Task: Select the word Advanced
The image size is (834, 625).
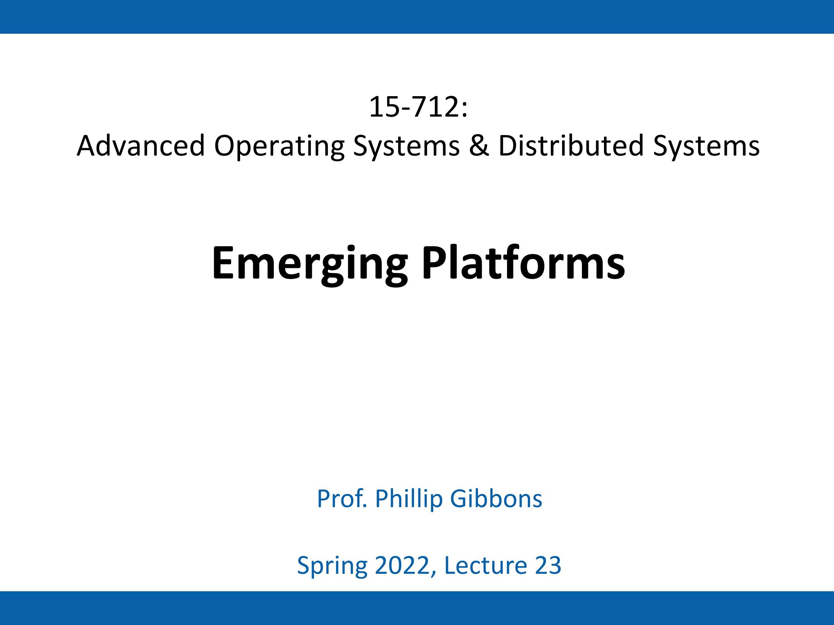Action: point(141,146)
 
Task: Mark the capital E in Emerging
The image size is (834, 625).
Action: point(224,263)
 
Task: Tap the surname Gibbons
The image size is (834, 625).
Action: point(496,499)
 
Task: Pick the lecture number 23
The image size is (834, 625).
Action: point(548,565)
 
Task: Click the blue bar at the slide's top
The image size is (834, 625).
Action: point(417,17)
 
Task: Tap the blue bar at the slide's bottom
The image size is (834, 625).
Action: point(417,608)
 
